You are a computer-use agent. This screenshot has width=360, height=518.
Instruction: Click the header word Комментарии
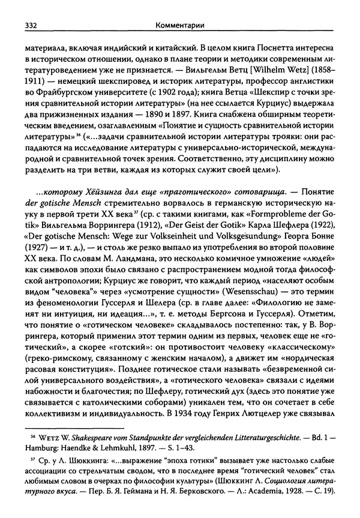coord(180,26)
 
